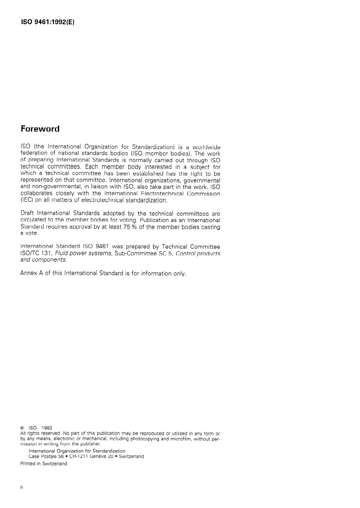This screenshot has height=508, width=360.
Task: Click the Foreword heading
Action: tap(40, 129)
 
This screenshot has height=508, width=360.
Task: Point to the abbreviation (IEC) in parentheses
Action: tap(28, 200)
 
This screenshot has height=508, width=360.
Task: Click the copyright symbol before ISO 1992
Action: tap(23, 428)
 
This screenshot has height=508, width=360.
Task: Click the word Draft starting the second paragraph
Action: tap(29, 213)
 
